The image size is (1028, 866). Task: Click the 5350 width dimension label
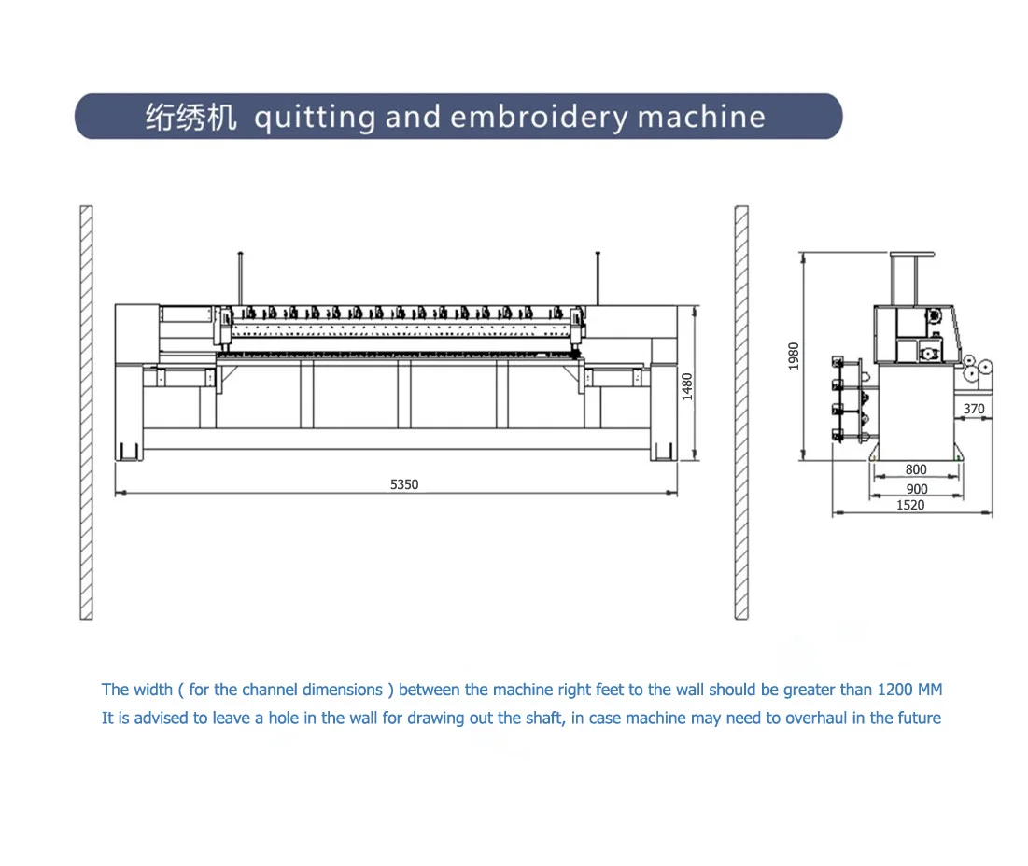404,484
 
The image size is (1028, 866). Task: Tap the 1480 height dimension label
687,385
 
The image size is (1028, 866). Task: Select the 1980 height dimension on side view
794,356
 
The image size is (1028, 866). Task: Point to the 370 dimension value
974,409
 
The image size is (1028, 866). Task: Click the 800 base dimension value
916,470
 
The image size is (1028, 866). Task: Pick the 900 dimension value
916,489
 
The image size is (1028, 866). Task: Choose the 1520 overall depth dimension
910,505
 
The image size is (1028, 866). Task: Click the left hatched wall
86,412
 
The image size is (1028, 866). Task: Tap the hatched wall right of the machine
741,412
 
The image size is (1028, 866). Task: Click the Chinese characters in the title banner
190,118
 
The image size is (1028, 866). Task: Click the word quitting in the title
315,118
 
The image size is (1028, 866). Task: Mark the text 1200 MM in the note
910,690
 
